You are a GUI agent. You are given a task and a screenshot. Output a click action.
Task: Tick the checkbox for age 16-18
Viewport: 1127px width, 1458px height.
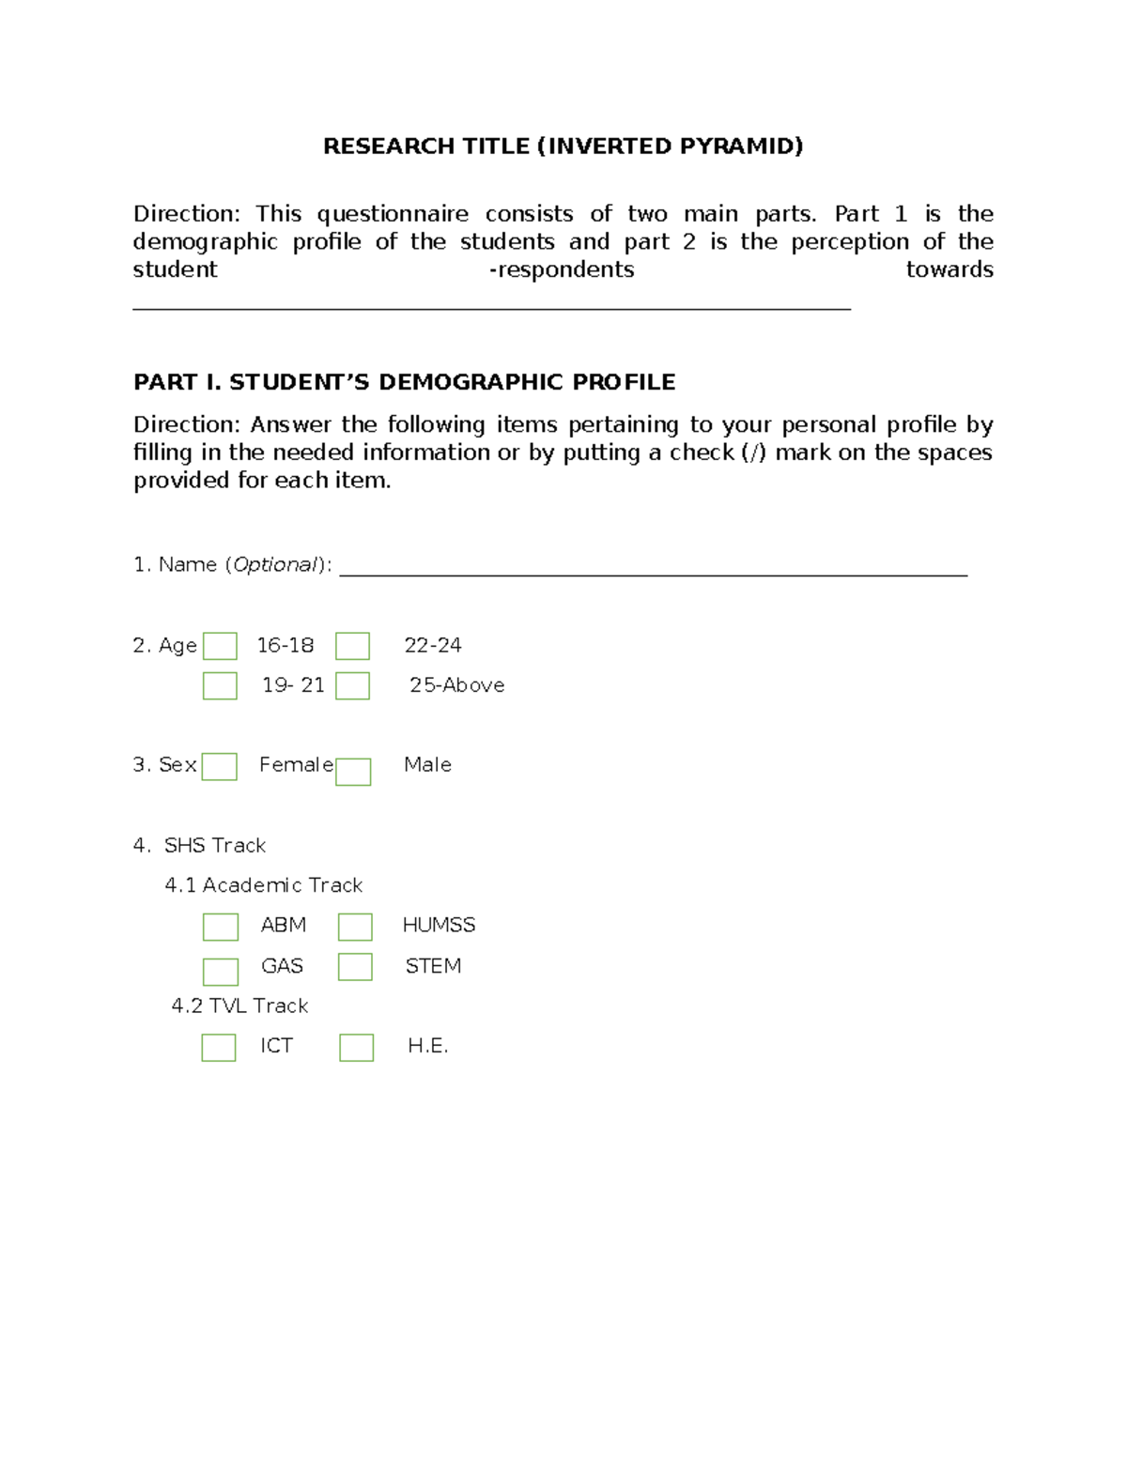[x=220, y=646]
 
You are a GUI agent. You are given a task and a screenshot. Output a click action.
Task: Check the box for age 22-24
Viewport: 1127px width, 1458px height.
[x=352, y=646]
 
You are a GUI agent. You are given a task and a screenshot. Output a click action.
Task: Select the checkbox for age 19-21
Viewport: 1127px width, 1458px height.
[x=220, y=685]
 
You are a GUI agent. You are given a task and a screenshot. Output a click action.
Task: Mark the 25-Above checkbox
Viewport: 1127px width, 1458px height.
[x=352, y=685]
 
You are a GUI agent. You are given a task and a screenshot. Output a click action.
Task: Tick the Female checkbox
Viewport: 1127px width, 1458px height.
[x=220, y=766]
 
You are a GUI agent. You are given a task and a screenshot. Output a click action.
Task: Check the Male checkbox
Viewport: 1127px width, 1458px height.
[x=353, y=772]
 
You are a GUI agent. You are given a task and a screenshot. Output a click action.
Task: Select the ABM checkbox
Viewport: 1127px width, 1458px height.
[x=221, y=927]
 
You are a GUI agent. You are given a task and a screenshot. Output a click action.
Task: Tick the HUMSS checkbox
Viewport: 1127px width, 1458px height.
[x=355, y=927]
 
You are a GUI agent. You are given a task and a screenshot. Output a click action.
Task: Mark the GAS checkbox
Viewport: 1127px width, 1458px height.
[x=221, y=971]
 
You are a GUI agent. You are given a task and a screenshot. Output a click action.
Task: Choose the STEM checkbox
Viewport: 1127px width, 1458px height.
[x=355, y=966]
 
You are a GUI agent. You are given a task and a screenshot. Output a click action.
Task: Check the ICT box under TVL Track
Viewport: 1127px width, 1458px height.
[x=219, y=1047]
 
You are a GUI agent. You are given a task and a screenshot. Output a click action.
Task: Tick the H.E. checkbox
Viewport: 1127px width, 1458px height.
[x=356, y=1047]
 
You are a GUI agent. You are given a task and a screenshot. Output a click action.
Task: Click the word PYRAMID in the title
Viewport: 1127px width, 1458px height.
[x=741, y=146]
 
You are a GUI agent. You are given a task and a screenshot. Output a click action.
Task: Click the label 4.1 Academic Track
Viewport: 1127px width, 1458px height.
[x=264, y=885]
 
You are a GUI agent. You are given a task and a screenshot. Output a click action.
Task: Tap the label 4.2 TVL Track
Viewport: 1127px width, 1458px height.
[x=239, y=1005]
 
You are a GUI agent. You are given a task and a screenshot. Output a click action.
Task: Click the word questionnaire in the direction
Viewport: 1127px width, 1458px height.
[x=392, y=214]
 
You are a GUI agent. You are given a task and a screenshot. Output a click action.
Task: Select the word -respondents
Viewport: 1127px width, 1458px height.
[x=562, y=270]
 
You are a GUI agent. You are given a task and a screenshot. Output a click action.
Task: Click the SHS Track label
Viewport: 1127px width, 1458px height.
[x=214, y=845]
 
